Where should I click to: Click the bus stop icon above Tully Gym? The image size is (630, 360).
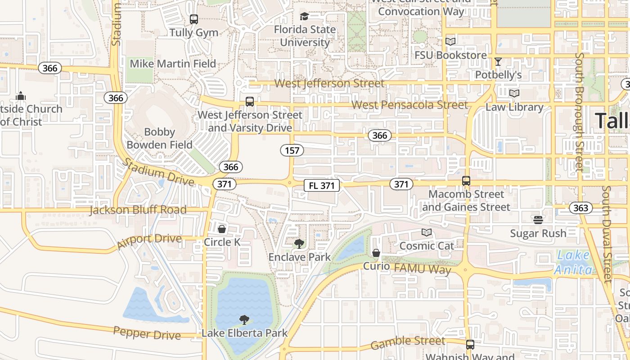coord(194,19)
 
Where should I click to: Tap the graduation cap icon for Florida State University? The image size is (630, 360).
coord(305,17)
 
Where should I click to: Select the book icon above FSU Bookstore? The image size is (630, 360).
coord(450,42)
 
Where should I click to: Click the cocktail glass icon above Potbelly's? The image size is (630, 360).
coord(498,62)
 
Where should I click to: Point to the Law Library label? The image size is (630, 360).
coord(514,107)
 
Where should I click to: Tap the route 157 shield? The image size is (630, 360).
coord(292,150)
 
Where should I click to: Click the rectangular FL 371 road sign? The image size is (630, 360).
coord(321,185)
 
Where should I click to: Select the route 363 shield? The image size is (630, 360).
coord(580,207)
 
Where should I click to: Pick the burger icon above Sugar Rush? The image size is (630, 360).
coord(538,220)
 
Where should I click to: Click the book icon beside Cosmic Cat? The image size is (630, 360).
coord(427,233)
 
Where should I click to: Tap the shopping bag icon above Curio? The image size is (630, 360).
coord(376,253)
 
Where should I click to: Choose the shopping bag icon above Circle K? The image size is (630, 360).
coord(222,229)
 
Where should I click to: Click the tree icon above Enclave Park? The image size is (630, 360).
coord(299,244)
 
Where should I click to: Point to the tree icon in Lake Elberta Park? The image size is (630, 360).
coord(244,320)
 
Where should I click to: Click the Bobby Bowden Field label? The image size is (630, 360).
coord(159,139)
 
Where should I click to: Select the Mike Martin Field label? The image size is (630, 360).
coord(173,64)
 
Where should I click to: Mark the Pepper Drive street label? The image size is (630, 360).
coord(147,333)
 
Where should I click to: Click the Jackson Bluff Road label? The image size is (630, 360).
coord(138,210)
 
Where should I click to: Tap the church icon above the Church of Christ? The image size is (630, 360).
coord(21,96)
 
